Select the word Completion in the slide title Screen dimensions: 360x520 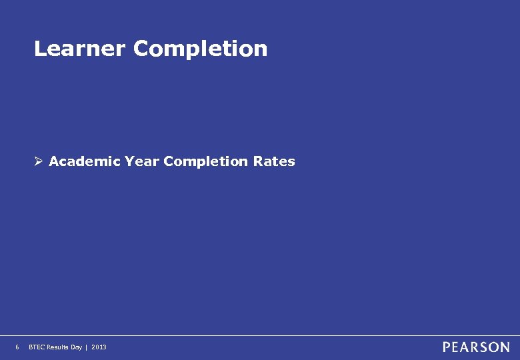(200, 49)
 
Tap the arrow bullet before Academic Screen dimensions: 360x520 (39, 161)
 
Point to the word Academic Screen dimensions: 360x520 (85, 161)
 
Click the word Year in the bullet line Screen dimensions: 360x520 (141, 161)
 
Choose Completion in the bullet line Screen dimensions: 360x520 (205, 161)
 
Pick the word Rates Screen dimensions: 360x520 (274, 161)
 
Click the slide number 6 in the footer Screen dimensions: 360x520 (17, 347)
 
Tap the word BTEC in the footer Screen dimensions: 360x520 (37, 347)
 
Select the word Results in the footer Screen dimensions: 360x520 (58, 347)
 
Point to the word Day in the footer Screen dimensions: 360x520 (77, 347)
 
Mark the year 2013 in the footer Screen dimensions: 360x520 (98, 347)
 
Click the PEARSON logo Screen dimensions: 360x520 (476, 347)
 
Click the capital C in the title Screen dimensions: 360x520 (141, 49)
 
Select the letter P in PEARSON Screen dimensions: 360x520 (447, 347)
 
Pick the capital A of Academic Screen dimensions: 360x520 (55, 161)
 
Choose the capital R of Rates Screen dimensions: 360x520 (258, 161)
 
